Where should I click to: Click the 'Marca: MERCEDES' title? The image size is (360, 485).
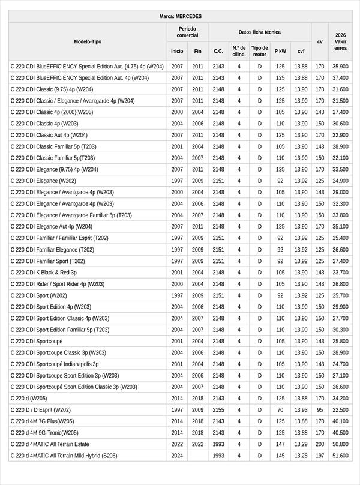181,16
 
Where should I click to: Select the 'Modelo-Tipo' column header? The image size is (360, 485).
88,41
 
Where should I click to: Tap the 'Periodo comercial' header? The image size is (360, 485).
187,32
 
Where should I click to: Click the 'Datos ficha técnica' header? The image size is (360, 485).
259,32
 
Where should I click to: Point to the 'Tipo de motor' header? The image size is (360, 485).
260,51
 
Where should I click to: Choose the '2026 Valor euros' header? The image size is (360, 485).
340,41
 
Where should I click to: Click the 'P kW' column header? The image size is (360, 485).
280,51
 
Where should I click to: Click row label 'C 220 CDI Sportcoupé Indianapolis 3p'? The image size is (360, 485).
55,364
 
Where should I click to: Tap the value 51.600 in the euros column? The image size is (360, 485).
340,456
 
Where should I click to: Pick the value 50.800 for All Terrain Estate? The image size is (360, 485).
340,444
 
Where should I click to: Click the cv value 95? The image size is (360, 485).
320,410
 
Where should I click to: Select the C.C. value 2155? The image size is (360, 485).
218,410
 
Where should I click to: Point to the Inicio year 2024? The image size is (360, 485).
177,456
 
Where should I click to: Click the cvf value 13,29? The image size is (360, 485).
301,444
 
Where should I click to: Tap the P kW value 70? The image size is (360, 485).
280,410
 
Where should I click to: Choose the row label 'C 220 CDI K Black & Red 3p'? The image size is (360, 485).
44,273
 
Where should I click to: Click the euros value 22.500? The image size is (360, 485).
340,410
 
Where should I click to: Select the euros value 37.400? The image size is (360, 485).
340,78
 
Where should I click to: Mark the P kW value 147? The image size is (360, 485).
280,444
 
